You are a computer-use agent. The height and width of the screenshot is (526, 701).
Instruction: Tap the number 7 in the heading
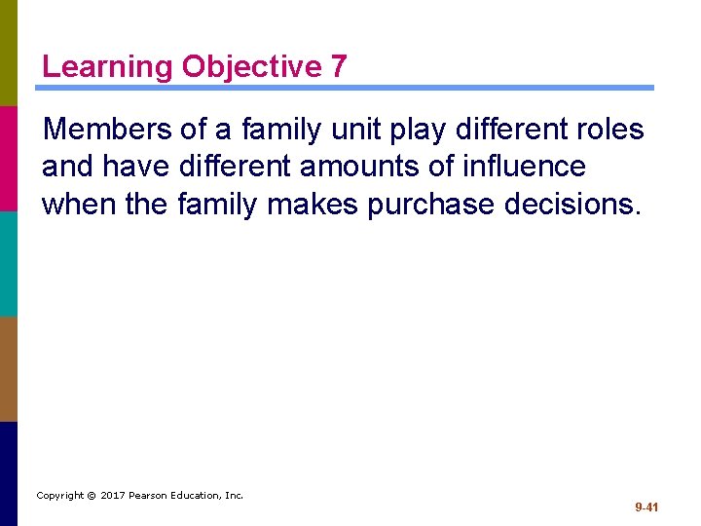[337, 67]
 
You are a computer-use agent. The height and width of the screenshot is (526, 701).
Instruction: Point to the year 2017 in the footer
[113, 496]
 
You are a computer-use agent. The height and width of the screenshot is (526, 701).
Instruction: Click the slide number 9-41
[646, 507]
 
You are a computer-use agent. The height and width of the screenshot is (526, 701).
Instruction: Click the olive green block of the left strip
[9, 53]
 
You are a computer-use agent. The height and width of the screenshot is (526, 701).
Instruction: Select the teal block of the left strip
[9, 263]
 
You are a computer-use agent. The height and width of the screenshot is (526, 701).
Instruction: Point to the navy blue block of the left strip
[9, 473]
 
